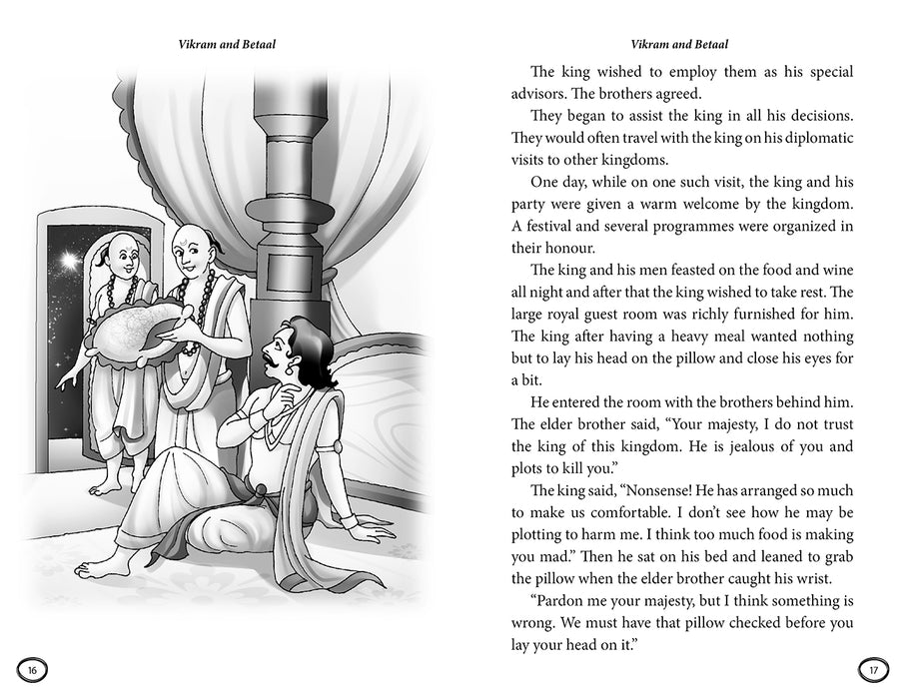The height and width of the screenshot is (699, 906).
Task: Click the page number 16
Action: point(32,668)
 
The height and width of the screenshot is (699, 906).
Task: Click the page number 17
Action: point(872,668)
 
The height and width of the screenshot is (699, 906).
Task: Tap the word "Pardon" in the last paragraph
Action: point(565,603)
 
